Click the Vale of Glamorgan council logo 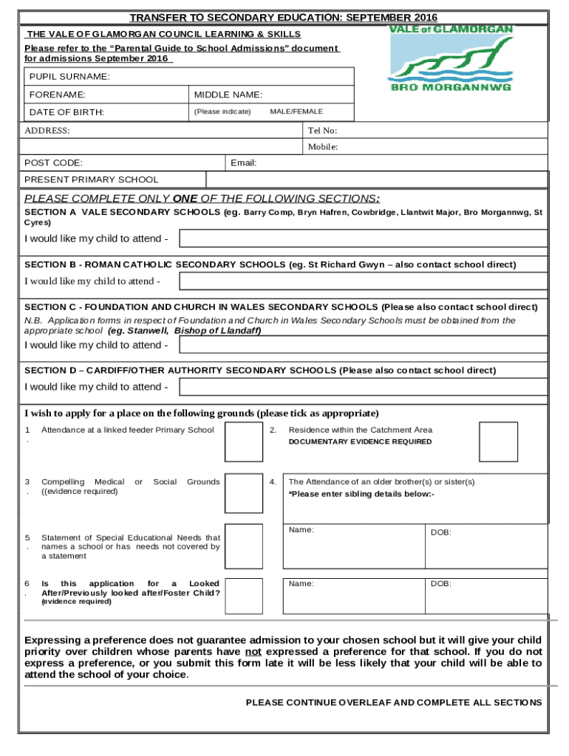coord(450,58)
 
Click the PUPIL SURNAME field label coord(69,77)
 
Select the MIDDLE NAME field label coord(228,94)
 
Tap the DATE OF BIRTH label coord(67,112)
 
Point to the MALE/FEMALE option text coord(296,111)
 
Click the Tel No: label coord(322,131)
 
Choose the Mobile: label coord(323,147)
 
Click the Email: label coord(244,163)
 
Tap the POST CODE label coord(53,163)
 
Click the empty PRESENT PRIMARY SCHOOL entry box coord(377,179)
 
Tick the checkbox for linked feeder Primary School coord(243,441)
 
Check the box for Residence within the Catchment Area coord(498,441)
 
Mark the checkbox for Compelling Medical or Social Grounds coord(243,493)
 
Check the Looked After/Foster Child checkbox coord(243,596)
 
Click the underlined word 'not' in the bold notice coord(253,652)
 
